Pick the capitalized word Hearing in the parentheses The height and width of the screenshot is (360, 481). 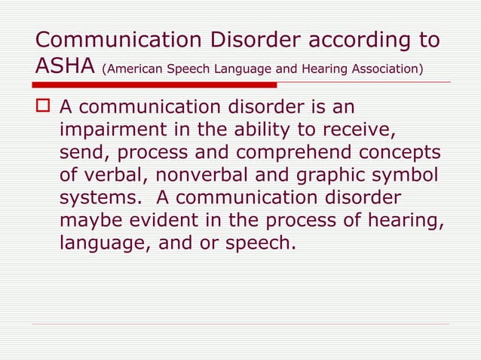coord(319,70)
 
